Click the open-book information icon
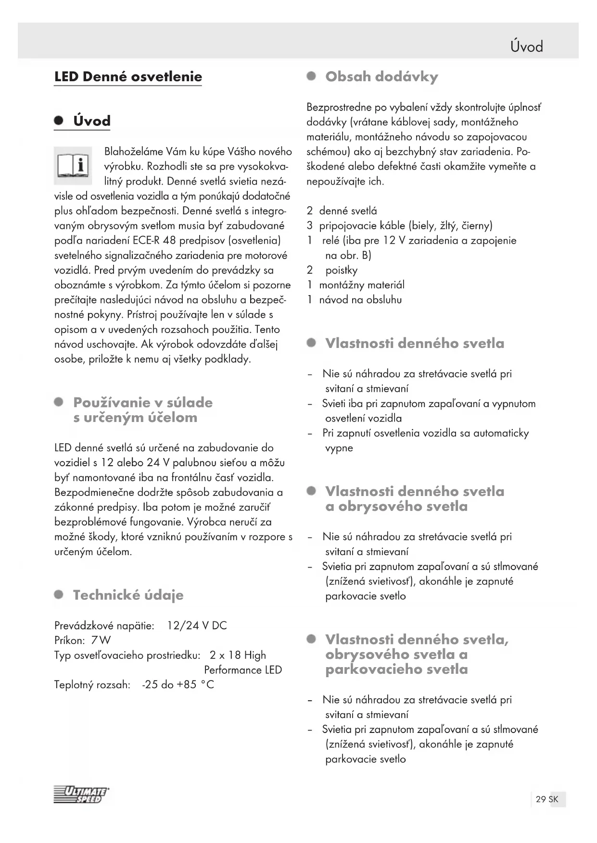[x=73, y=166]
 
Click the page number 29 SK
[x=547, y=799]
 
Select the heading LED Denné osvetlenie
[x=128, y=77]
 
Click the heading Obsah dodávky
[x=381, y=77]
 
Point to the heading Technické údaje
[x=128, y=595]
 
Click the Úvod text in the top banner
[x=527, y=47]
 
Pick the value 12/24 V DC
[x=197, y=626]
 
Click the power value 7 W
[x=101, y=640]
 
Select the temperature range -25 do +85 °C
[x=178, y=684]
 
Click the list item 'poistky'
[x=341, y=270]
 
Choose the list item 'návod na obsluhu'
[x=360, y=300]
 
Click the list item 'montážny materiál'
[x=362, y=285]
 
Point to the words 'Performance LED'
[x=243, y=670]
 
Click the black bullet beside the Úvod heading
[x=59, y=121]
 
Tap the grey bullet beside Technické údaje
[x=59, y=595]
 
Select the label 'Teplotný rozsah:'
[x=92, y=684]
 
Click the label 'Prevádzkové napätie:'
[x=104, y=626]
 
